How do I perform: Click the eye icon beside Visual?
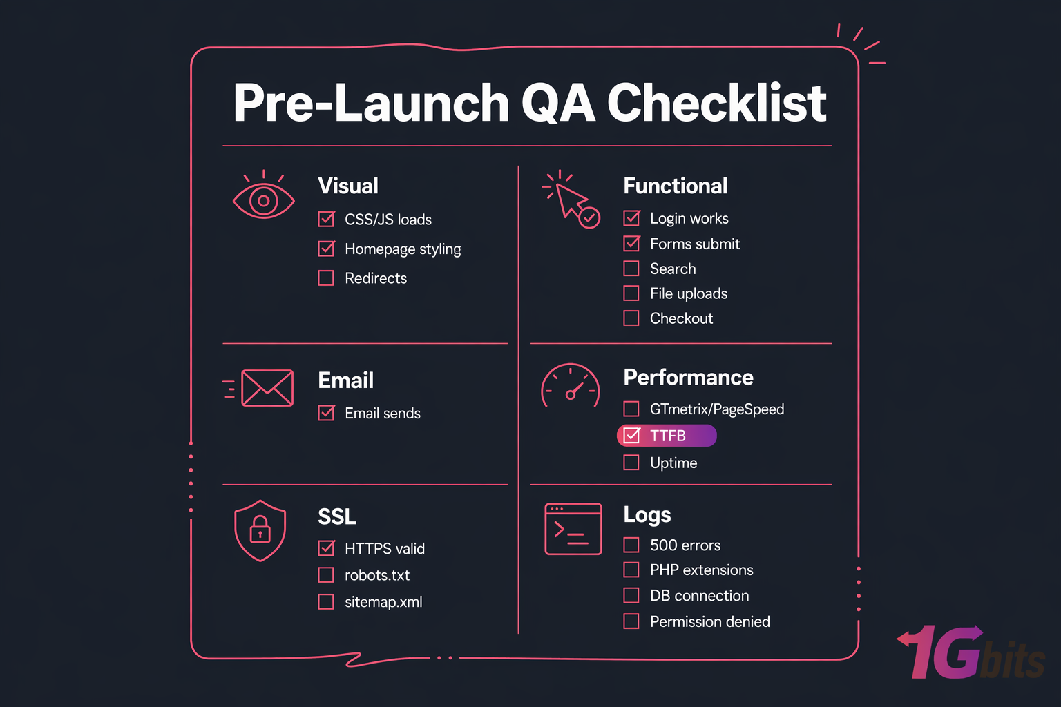pyautogui.click(x=263, y=200)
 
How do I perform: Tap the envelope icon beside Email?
pyautogui.click(x=267, y=388)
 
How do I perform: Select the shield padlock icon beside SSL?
pyautogui.click(x=260, y=530)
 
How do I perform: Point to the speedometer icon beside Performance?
pyautogui.click(x=571, y=387)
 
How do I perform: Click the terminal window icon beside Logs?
pyautogui.click(x=573, y=529)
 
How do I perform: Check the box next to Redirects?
pyautogui.click(x=326, y=278)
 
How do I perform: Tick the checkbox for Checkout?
pyautogui.click(x=631, y=318)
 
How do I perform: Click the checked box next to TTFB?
pyautogui.click(x=631, y=436)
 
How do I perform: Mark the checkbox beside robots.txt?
pyautogui.click(x=326, y=575)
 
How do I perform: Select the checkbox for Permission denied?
pyautogui.click(x=631, y=621)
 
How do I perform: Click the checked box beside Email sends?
pyautogui.click(x=326, y=413)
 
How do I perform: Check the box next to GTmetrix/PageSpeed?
pyautogui.click(x=631, y=409)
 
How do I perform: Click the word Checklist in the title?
pyautogui.click(x=716, y=104)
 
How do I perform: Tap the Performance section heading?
pyautogui.click(x=688, y=378)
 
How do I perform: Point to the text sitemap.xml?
pyautogui.click(x=383, y=602)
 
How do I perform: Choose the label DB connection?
pyautogui.click(x=699, y=596)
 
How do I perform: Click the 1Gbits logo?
pyautogui.click(x=971, y=654)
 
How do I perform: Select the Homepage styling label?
pyautogui.click(x=403, y=249)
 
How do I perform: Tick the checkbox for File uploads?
pyautogui.click(x=631, y=293)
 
